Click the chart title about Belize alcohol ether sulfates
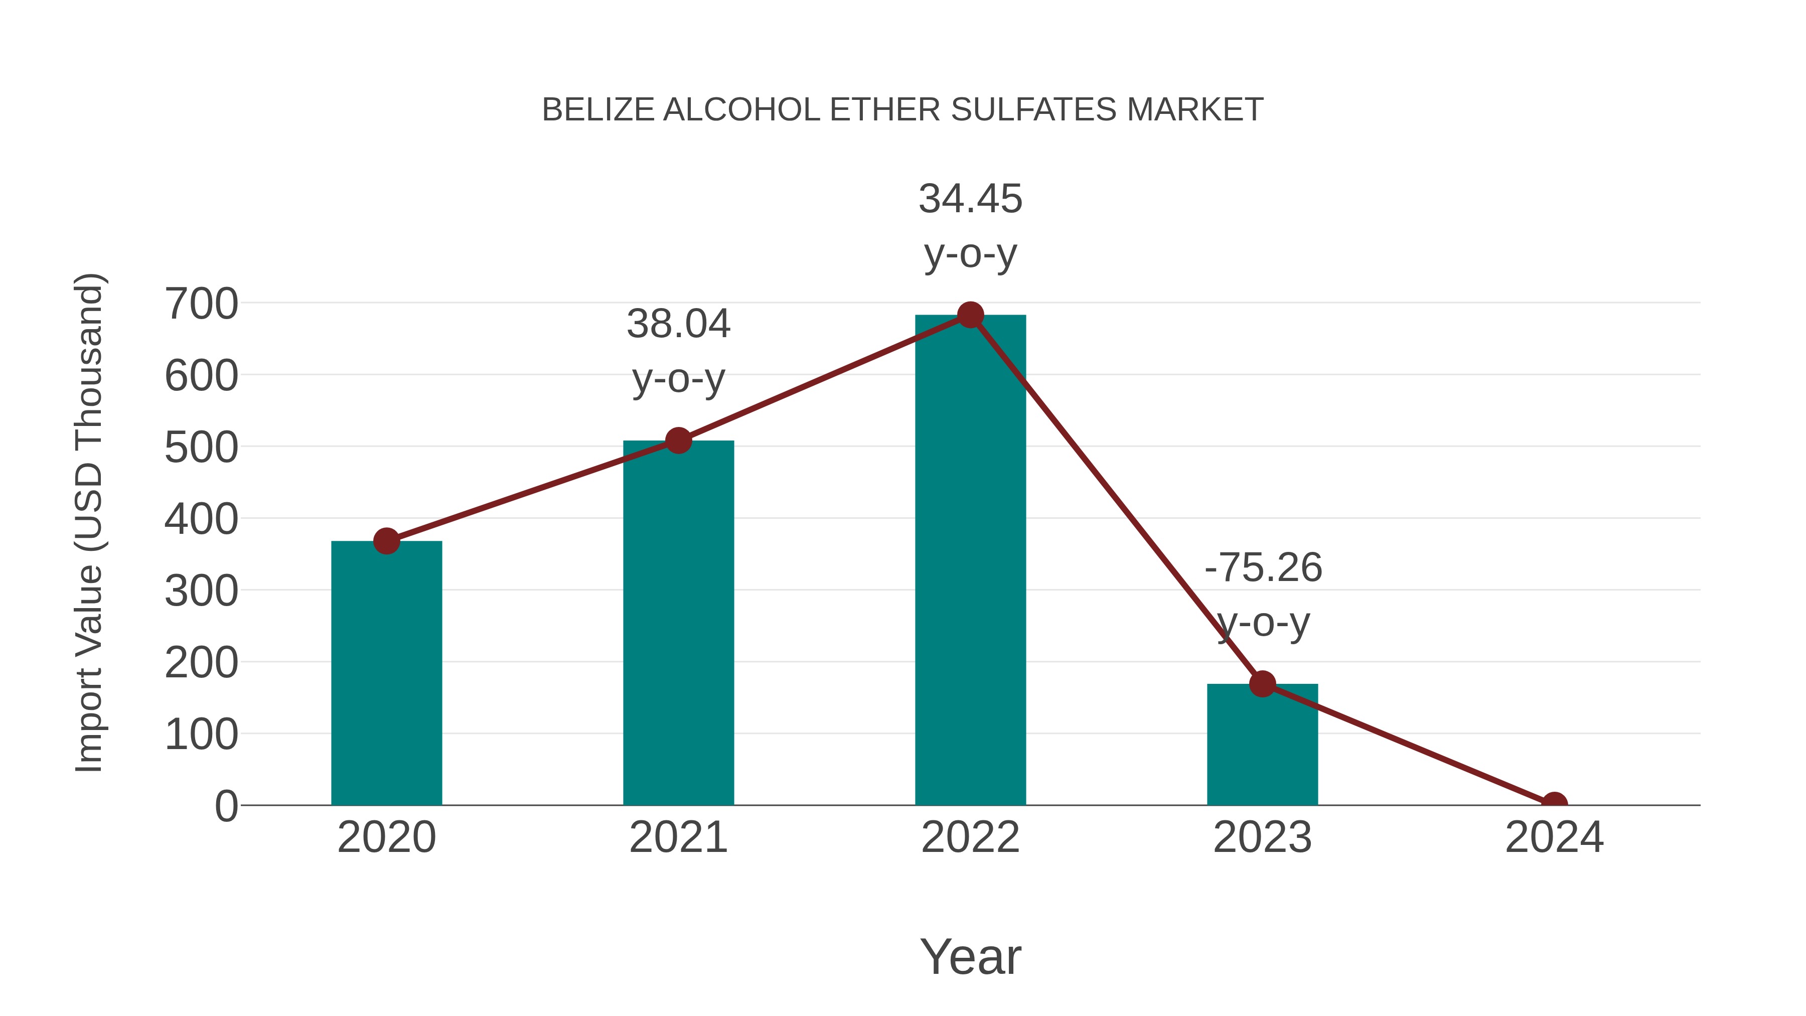(x=902, y=110)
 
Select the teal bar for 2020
(x=386, y=673)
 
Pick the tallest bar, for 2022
(x=970, y=561)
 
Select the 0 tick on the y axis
(x=226, y=806)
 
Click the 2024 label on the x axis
(x=1554, y=837)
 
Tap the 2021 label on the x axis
(x=678, y=837)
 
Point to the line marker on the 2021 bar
(x=678, y=441)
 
